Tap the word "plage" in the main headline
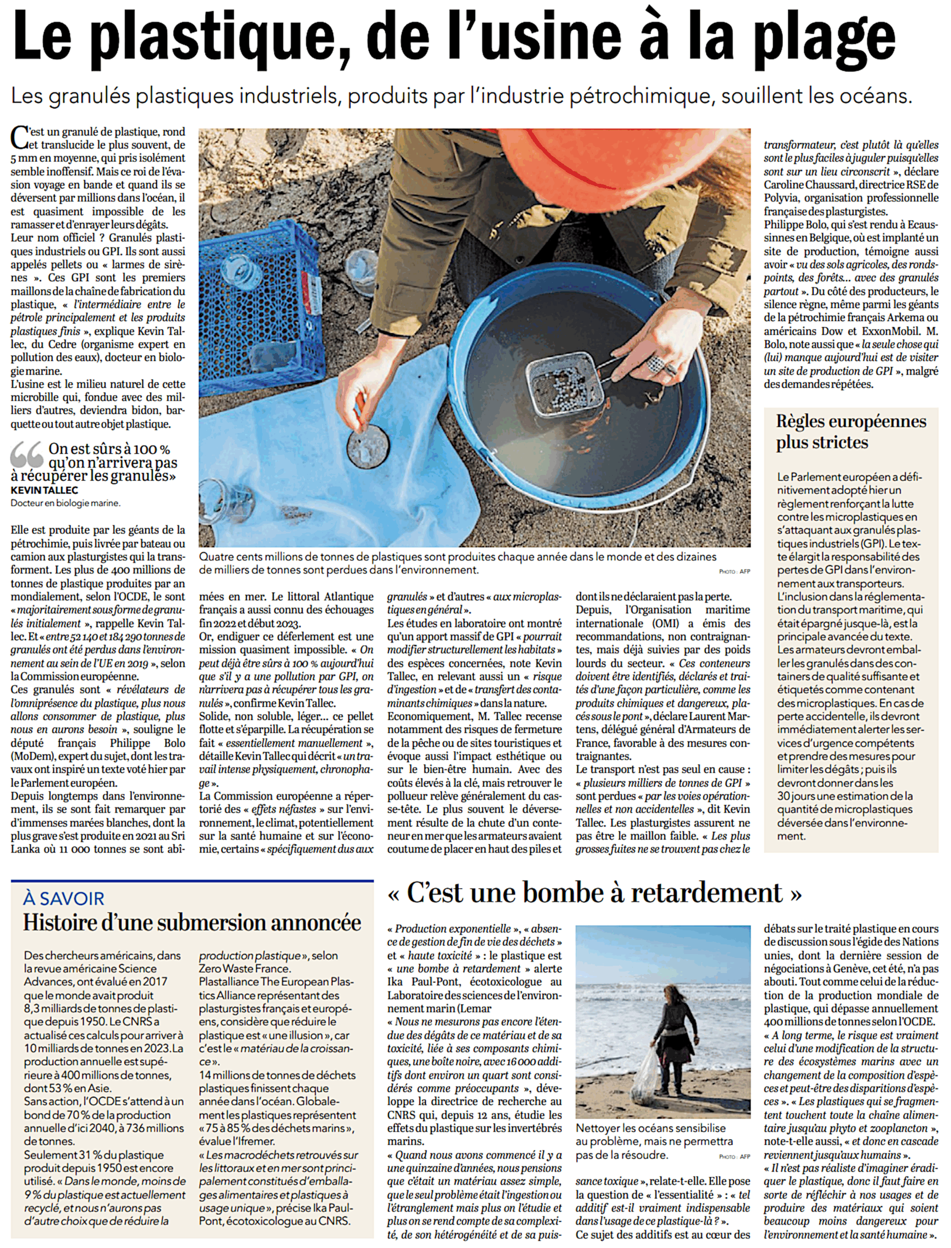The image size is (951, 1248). (x=812, y=39)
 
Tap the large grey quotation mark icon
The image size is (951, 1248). (x=27, y=455)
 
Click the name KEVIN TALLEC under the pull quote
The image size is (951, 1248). (x=44, y=490)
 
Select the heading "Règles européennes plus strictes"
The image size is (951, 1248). (x=851, y=431)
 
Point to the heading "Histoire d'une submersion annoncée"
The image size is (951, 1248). (x=192, y=923)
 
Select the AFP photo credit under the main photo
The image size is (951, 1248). (x=734, y=572)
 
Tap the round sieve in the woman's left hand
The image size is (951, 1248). (x=367, y=451)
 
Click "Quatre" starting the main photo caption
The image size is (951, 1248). (x=216, y=557)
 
